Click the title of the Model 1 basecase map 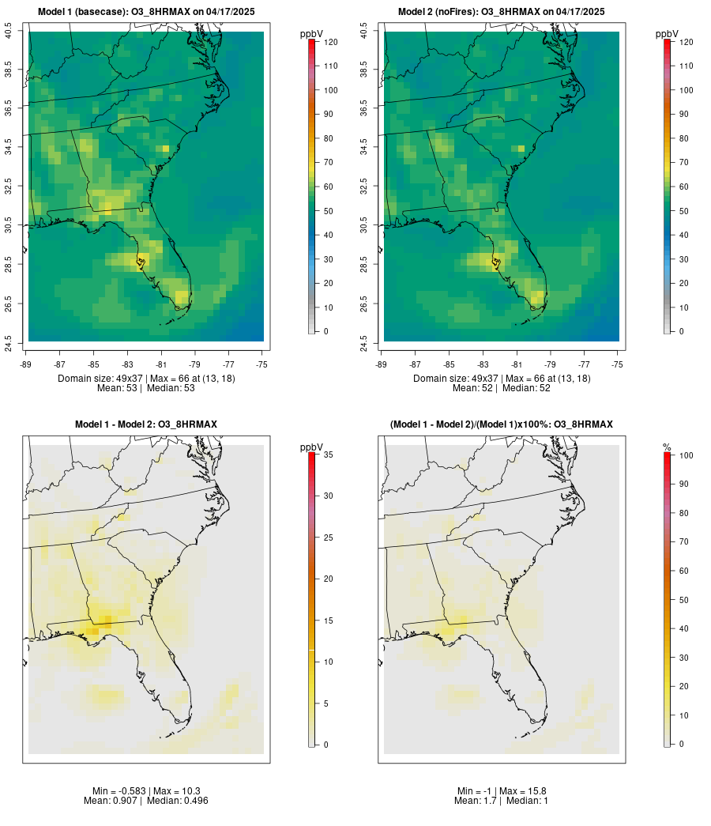(146, 12)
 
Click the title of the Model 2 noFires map (502, 12)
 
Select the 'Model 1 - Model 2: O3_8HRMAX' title (146, 424)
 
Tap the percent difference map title (502, 424)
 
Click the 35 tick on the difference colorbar (327, 454)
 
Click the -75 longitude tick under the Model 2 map (617, 364)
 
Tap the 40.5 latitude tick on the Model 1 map (9, 31)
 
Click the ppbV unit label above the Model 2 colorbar (668, 34)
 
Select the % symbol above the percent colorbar (667, 447)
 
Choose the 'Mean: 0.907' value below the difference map (111, 801)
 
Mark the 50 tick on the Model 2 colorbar (683, 211)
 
